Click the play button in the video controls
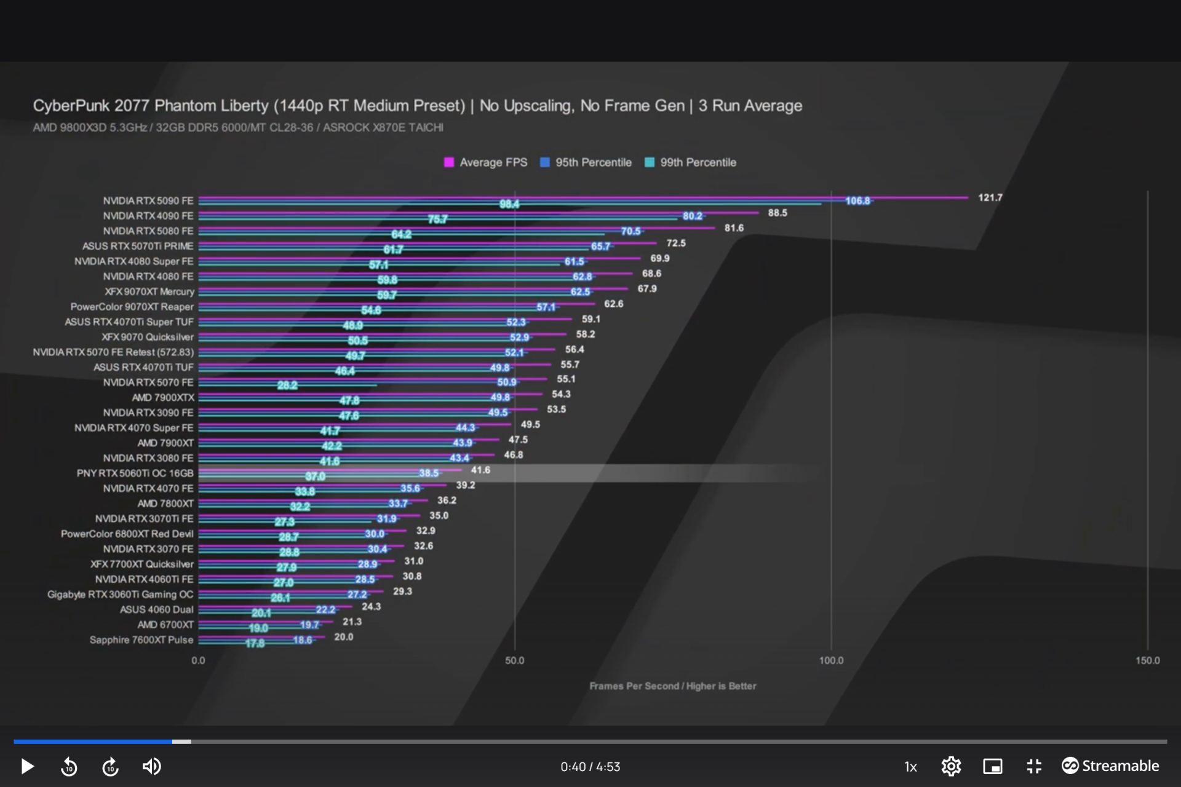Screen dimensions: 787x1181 pyautogui.click(x=27, y=766)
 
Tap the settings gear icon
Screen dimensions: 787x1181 pyautogui.click(x=951, y=766)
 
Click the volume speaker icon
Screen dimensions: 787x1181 pyautogui.click(x=151, y=766)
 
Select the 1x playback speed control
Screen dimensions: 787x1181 pyautogui.click(x=910, y=767)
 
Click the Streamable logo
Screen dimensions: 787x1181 pyautogui.click(x=1110, y=766)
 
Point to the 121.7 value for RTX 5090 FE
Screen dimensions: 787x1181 pyautogui.click(x=990, y=197)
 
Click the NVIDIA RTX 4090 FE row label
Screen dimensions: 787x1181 pyautogui.click(x=148, y=216)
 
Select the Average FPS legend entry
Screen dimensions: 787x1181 pyautogui.click(x=485, y=162)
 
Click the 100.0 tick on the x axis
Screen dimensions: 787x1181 pyautogui.click(x=831, y=660)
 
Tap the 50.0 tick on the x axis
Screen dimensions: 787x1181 pyautogui.click(x=515, y=660)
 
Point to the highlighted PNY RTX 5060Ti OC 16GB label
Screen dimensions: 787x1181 pyautogui.click(x=135, y=473)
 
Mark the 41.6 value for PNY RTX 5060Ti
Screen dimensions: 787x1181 pyautogui.click(x=480, y=470)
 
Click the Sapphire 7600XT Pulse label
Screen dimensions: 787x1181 pyautogui.click(x=141, y=639)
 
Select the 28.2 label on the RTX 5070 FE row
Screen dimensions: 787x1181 pyautogui.click(x=287, y=386)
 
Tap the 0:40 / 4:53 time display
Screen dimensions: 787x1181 pyautogui.click(x=590, y=767)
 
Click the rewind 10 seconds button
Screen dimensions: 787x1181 pyautogui.click(x=69, y=767)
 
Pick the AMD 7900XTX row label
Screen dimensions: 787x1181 pyautogui.click(x=162, y=397)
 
